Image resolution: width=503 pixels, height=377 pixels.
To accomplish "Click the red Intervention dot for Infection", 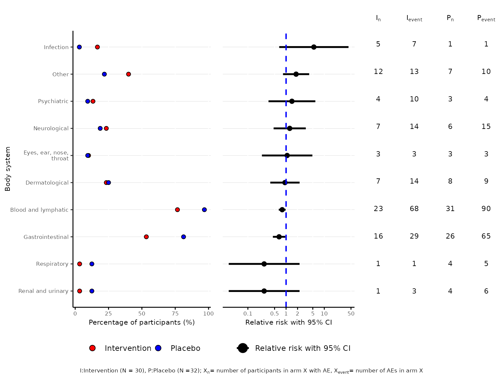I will (97, 47).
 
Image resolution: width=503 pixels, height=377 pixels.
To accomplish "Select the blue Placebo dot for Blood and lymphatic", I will (204, 210).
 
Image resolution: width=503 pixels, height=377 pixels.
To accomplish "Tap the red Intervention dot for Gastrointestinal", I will (146, 237).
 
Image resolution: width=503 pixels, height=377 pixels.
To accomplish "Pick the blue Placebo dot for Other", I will (104, 74).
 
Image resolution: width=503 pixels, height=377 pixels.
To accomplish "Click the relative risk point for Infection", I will (314, 47).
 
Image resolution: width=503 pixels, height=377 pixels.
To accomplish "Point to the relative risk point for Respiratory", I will (264, 264).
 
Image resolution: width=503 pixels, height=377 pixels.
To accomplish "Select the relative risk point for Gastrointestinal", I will (279, 237).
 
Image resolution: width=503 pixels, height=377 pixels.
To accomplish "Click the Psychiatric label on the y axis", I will (53, 101).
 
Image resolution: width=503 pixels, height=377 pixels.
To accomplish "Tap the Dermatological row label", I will (47, 183).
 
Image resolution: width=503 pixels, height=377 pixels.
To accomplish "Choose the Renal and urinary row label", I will (43, 291).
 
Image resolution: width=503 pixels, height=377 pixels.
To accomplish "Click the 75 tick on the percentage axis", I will (176, 314).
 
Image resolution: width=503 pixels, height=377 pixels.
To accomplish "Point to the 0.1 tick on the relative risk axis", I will (248, 314).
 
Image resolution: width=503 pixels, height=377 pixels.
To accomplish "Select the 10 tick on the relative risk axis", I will (324, 314).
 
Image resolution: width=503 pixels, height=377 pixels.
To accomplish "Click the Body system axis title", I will (8, 169).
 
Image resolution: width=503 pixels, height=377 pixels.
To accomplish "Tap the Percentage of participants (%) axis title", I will (142, 322).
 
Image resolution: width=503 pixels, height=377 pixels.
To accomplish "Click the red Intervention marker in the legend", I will (92, 348).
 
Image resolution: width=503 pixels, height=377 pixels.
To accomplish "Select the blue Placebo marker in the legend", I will (158, 348).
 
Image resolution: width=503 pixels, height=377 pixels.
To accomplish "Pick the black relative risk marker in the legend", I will (243, 348).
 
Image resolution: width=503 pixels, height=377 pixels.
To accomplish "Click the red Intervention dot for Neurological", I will (106, 129).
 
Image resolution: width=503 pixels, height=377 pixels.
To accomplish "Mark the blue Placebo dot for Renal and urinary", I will (92, 291).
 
